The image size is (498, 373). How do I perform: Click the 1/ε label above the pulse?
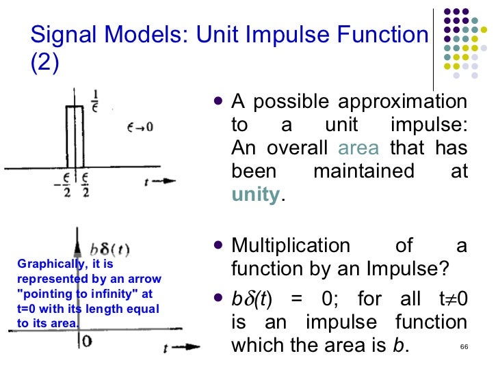point(96,100)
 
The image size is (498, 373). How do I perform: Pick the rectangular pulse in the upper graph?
point(74,137)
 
